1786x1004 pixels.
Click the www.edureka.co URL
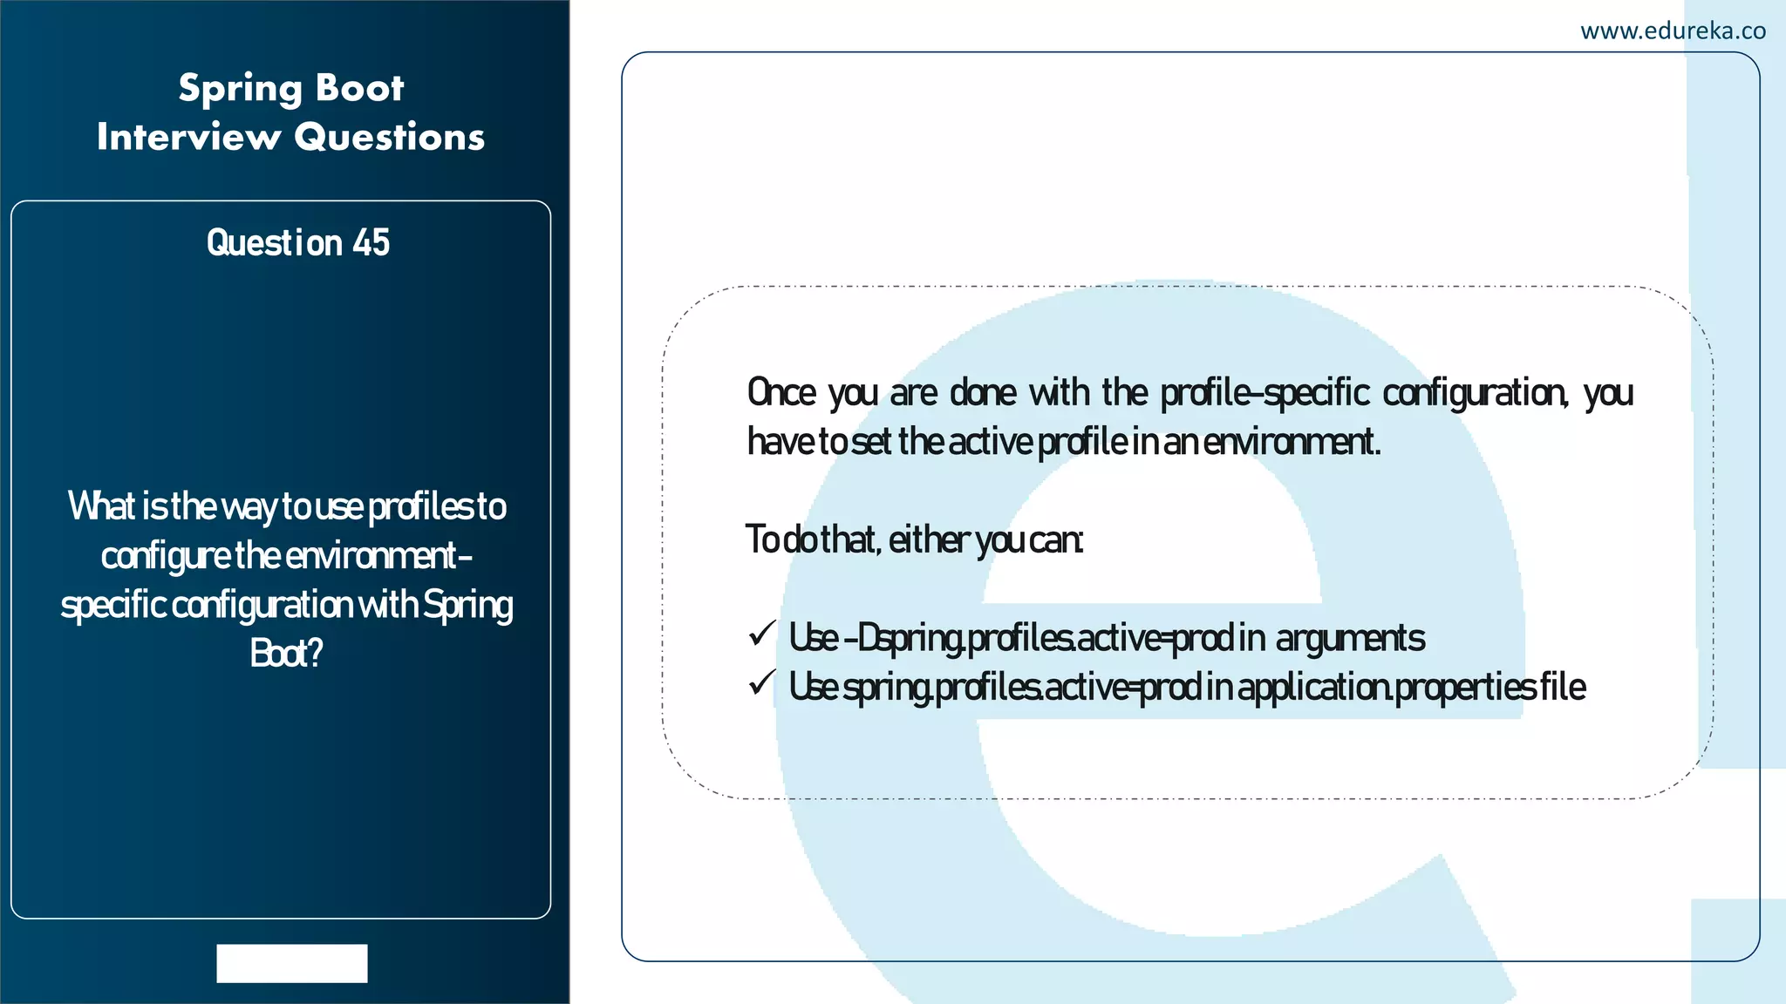coord(1673,31)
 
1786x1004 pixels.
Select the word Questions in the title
coord(389,138)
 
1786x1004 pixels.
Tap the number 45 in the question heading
coord(372,243)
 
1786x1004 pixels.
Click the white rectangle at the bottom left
coord(292,963)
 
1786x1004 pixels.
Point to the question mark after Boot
coord(315,654)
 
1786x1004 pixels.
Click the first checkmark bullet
coord(761,634)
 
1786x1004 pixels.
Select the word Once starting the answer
coord(781,393)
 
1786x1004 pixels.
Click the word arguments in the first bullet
coord(1350,639)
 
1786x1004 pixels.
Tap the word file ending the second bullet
coord(1563,688)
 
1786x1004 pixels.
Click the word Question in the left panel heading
coord(274,243)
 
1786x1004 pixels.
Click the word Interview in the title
coord(188,138)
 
